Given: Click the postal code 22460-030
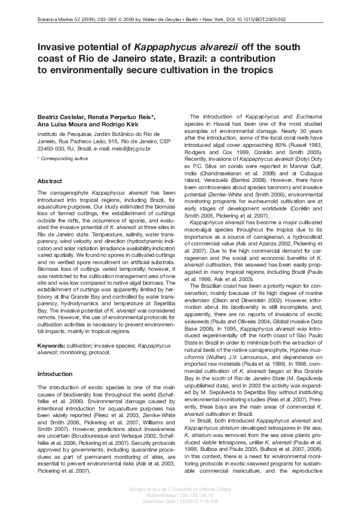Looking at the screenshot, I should pos(54,148).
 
